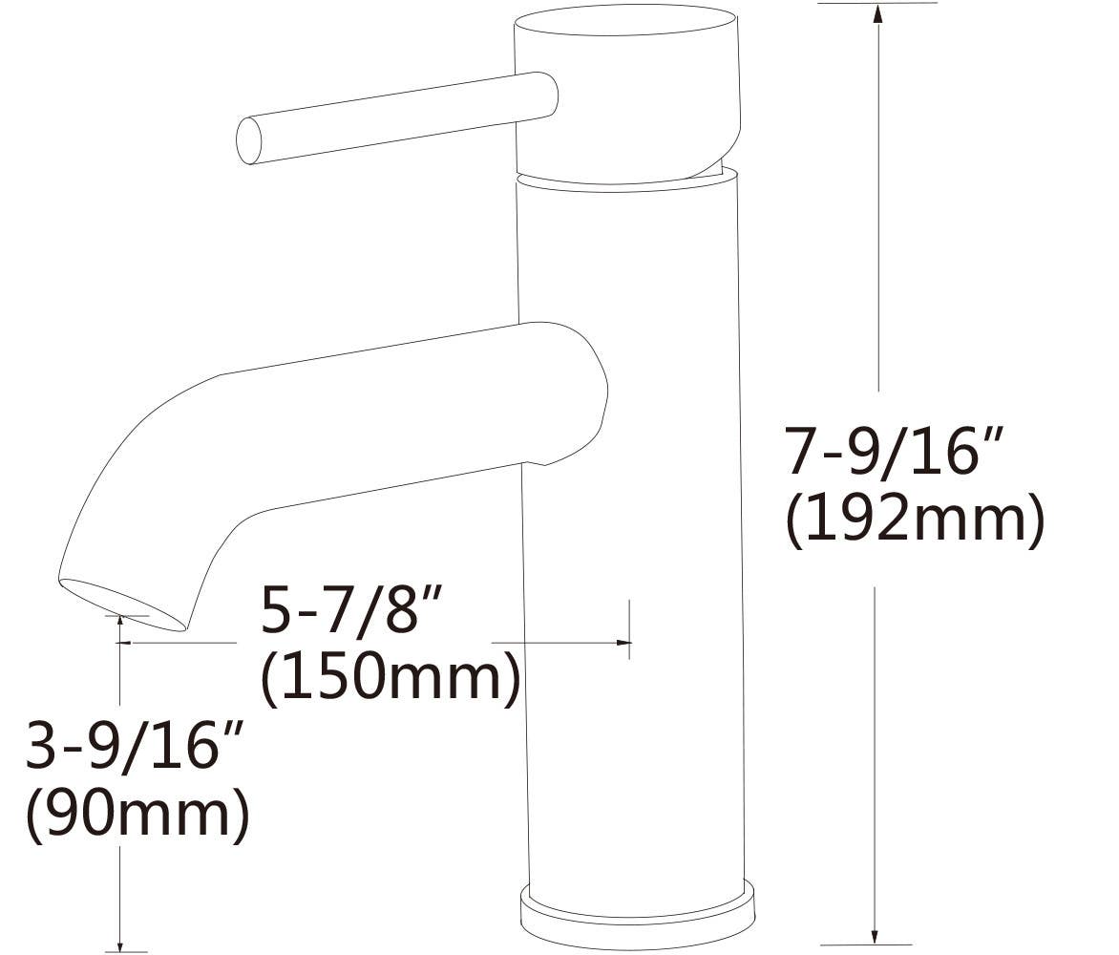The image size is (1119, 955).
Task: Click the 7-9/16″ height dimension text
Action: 896,451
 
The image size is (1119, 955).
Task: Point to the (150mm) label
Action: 391,679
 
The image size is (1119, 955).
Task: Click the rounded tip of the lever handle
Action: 249,140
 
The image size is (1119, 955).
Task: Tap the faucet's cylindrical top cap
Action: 626,91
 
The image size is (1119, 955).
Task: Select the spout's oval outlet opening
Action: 122,605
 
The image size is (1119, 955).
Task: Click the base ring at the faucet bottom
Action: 637,916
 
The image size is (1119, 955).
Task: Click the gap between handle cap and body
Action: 625,179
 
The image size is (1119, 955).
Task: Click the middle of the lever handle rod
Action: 391,119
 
